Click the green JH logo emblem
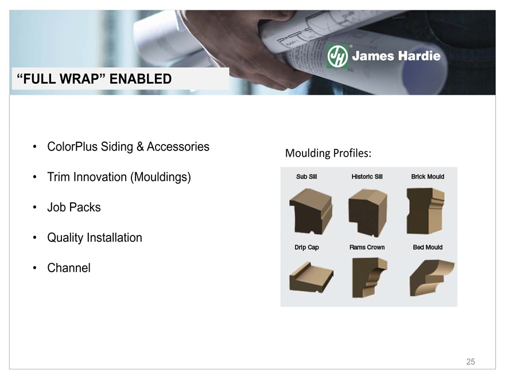(x=337, y=56)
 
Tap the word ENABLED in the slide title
(x=141, y=79)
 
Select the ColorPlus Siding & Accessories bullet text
(x=128, y=146)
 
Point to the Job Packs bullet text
(x=74, y=207)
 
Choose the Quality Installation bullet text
(x=94, y=238)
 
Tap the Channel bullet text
(x=69, y=268)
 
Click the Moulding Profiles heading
(x=328, y=153)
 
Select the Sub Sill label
(x=306, y=177)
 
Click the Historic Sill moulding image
(x=367, y=212)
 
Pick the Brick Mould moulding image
(x=425, y=211)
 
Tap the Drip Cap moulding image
(x=311, y=277)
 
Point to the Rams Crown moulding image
(x=370, y=277)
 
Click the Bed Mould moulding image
(x=432, y=278)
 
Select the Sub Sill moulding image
(x=310, y=211)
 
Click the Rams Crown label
(x=367, y=247)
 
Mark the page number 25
(x=471, y=362)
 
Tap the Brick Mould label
(x=428, y=177)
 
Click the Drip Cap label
(x=306, y=247)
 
